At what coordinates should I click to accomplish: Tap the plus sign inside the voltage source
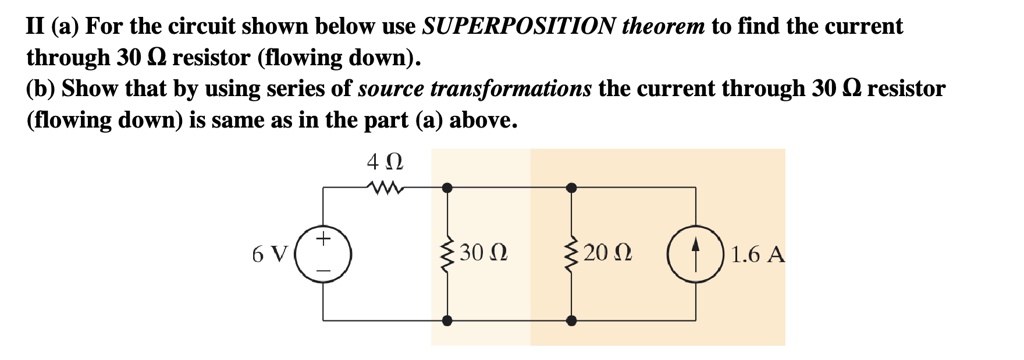pyautogui.click(x=324, y=241)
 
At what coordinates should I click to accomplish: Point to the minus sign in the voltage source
pyautogui.click(x=324, y=268)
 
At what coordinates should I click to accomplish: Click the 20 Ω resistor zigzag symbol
pyautogui.click(x=571, y=254)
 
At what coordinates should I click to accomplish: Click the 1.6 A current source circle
pyautogui.click(x=694, y=254)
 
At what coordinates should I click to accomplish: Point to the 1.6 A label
pyautogui.click(x=757, y=254)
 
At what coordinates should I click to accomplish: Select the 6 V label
pyautogui.click(x=270, y=254)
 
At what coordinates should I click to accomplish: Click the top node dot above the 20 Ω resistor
pyautogui.click(x=571, y=187)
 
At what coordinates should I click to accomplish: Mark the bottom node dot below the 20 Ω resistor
pyautogui.click(x=571, y=321)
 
